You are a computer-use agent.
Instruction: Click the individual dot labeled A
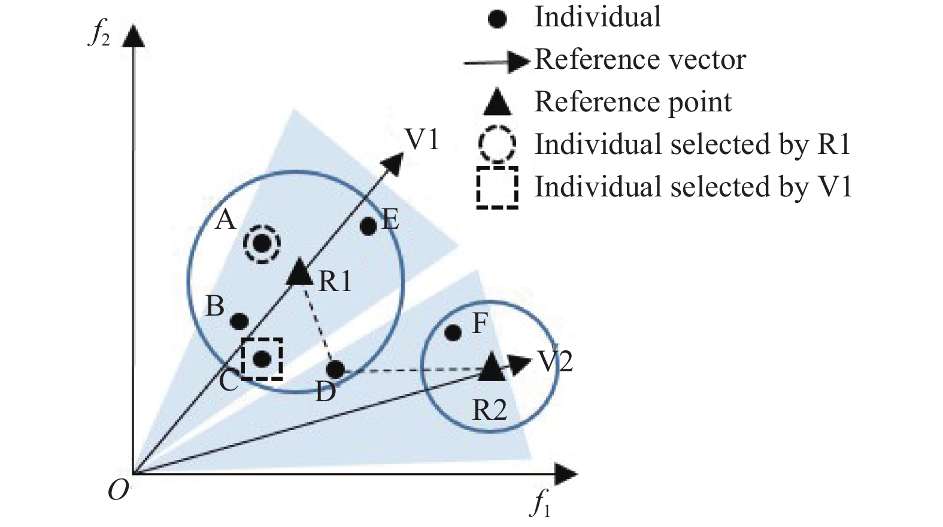[262, 244]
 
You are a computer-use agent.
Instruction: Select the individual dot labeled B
[239, 322]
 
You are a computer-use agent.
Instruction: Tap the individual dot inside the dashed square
[262, 359]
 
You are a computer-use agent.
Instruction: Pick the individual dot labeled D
[336, 369]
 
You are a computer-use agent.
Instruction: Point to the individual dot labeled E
[369, 226]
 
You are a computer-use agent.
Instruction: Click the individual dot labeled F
[453, 332]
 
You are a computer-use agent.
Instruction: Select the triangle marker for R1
[299, 273]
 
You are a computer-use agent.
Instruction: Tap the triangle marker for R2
[493, 367]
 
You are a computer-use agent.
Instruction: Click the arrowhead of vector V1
[395, 162]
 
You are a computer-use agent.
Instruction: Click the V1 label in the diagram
[422, 140]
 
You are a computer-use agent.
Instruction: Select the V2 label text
[555, 362]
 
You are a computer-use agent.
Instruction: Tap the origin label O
[118, 492]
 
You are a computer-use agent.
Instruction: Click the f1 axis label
[541, 502]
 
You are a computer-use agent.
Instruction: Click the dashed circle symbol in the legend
[497, 144]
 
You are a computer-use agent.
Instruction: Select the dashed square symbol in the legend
[497, 187]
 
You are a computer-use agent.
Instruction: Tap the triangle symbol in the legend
[498, 102]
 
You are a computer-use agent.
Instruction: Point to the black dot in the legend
[498, 19]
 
